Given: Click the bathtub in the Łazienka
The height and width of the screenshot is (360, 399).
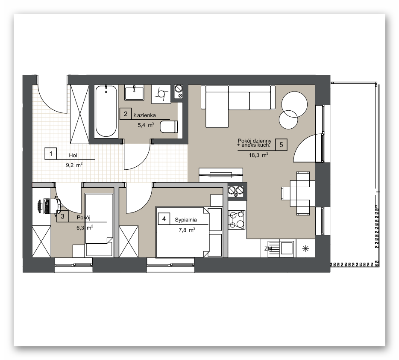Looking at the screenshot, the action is click(x=106, y=111).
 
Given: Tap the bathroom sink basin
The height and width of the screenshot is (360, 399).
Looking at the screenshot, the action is click(x=134, y=92).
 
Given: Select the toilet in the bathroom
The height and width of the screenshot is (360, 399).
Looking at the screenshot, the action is click(x=169, y=127).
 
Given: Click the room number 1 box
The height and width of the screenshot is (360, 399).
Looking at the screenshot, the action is click(x=51, y=153).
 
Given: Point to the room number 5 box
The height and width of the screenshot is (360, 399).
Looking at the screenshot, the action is click(x=281, y=145).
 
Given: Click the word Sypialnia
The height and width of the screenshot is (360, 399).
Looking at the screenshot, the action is click(x=186, y=220).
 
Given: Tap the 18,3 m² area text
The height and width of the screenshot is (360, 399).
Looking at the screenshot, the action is click(x=258, y=155).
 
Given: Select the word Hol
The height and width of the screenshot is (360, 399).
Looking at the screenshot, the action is click(x=73, y=155).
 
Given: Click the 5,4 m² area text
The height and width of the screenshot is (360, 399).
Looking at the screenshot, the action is click(x=146, y=125).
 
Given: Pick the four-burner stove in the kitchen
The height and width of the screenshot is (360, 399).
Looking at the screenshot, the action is click(x=236, y=220).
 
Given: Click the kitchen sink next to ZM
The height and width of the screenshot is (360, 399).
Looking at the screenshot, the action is click(x=287, y=248).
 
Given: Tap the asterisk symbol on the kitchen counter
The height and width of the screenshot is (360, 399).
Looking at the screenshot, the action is click(x=305, y=248).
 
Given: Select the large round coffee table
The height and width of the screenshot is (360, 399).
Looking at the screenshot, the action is click(x=294, y=104).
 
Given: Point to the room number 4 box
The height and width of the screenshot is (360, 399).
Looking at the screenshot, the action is click(x=164, y=219).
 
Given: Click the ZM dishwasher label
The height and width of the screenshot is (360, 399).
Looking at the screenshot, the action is click(x=268, y=248).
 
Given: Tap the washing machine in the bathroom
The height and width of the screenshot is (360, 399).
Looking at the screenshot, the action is click(x=161, y=94).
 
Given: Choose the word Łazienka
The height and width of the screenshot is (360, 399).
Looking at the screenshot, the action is click(x=145, y=115).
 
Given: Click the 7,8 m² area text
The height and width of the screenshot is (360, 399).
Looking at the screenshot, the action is click(x=187, y=230).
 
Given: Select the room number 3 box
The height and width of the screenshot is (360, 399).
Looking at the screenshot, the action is click(x=63, y=217).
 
